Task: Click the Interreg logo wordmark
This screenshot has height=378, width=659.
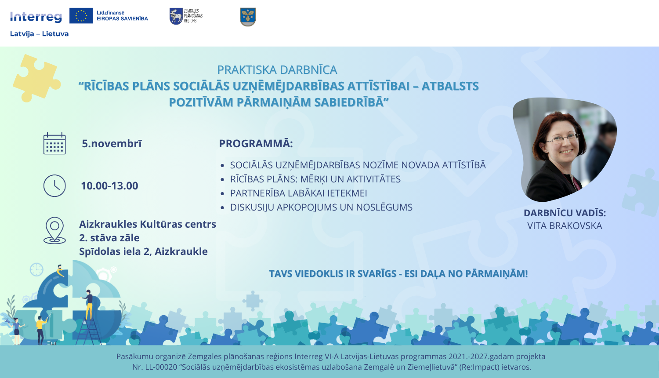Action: click(x=36, y=17)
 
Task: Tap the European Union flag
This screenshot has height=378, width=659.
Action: click(x=81, y=15)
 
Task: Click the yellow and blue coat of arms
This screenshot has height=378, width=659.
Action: click(x=248, y=17)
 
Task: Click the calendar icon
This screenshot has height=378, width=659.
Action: click(x=54, y=144)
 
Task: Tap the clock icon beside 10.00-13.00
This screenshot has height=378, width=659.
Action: click(x=54, y=185)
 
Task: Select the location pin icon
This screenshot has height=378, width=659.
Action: click(x=54, y=230)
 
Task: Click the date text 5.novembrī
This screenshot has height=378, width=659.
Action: click(x=112, y=144)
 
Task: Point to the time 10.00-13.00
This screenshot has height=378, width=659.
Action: click(x=109, y=186)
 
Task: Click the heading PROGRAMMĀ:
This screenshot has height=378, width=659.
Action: click(x=256, y=144)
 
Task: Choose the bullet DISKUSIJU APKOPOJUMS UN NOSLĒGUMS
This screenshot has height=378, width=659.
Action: click(x=321, y=207)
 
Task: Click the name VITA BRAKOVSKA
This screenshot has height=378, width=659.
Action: click(x=565, y=226)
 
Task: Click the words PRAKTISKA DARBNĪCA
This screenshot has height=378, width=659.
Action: click(x=277, y=70)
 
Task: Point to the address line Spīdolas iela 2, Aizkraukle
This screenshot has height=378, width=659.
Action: click(x=143, y=251)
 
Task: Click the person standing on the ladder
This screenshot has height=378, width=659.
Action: click(x=89, y=303)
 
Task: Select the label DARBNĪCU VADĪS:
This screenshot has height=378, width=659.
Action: click(x=565, y=213)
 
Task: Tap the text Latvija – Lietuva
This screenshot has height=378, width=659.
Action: click(x=39, y=34)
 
